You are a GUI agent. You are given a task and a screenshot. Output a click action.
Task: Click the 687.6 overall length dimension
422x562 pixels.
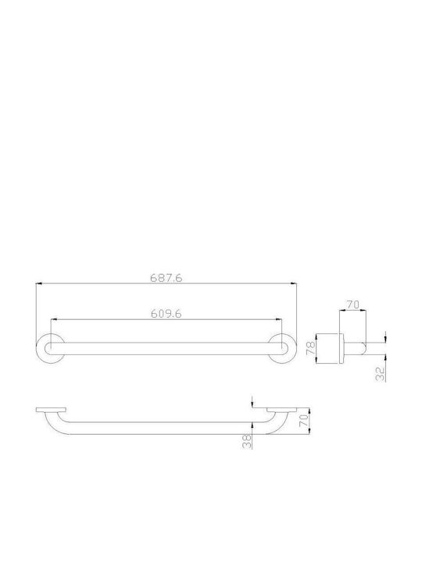[166, 278]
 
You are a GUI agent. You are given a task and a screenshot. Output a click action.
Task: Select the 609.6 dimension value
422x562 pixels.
[166, 314]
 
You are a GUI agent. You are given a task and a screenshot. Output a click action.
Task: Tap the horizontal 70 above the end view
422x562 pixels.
[352, 304]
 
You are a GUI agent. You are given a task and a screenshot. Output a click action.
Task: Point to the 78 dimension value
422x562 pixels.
[311, 348]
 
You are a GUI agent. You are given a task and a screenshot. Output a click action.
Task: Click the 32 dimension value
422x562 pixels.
[381, 374]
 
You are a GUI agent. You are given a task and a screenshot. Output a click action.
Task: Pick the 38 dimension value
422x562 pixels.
[247, 441]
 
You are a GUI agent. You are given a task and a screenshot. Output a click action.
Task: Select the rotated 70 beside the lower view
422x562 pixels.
[304, 421]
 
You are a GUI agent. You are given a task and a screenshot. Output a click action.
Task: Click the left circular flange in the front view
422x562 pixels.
[51, 334]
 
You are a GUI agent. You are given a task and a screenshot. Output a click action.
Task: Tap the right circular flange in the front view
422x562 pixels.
[282, 334]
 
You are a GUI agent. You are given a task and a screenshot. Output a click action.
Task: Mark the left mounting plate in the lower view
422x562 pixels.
[51, 410]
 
